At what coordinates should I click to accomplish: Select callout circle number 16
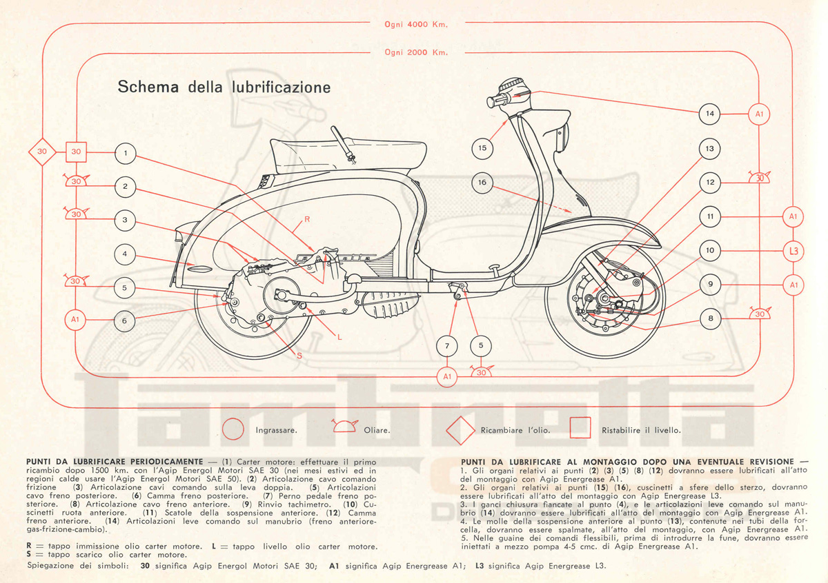pos(482,183)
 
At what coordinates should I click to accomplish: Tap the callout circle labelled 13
pos(709,149)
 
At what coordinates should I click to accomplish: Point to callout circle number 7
pos(447,345)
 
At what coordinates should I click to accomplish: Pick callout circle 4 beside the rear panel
pos(125,254)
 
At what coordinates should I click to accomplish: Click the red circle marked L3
pos(793,251)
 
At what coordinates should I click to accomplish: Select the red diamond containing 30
pos(41,152)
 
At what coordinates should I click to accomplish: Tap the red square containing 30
pos(77,152)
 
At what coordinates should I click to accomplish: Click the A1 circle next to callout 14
pos(759,114)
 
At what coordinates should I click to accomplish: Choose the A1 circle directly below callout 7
pos(447,376)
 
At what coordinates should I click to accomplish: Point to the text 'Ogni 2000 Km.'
pos(416,52)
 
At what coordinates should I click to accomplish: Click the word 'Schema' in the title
pos(148,88)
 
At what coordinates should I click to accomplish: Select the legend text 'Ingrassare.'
pos(276,430)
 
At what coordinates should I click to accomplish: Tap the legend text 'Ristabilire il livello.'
pos(641,430)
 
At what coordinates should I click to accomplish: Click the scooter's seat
pos(345,155)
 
